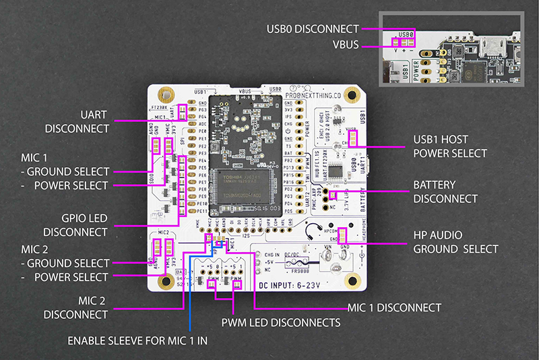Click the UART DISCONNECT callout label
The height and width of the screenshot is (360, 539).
[77, 121]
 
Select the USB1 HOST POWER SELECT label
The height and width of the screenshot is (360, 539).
[450, 146]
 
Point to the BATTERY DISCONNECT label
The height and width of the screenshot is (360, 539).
[445, 191]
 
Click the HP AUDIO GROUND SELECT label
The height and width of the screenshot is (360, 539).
[455, 242]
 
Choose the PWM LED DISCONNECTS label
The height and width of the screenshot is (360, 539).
[281, 323]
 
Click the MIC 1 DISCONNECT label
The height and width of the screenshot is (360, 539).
[394, 307]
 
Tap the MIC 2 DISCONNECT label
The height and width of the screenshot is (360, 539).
[77, 307]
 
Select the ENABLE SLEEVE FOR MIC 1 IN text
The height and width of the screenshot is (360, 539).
[137, 340]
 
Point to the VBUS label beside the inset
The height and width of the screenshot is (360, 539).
[346, 46]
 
